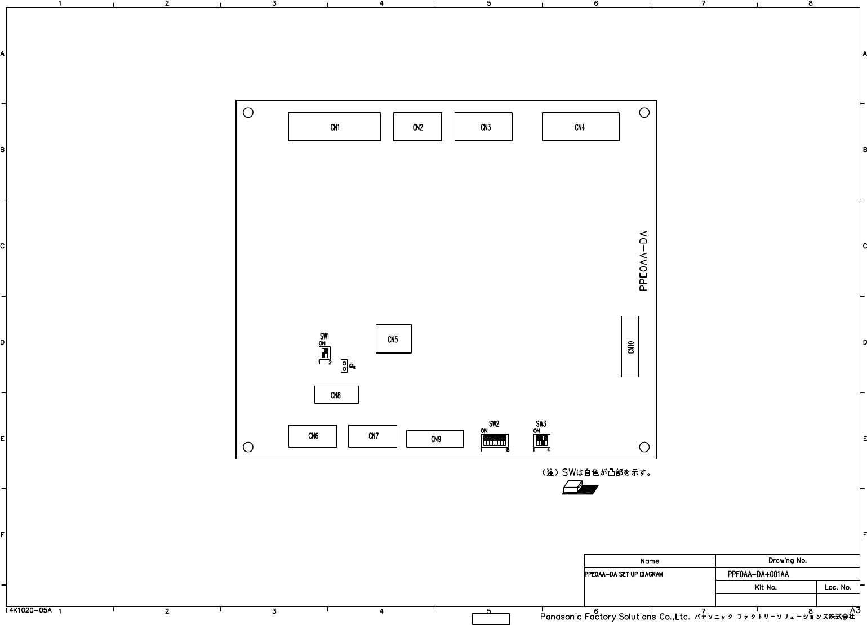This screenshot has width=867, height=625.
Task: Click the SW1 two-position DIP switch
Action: point(324,352)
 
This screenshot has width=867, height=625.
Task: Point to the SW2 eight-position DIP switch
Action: point(494,440)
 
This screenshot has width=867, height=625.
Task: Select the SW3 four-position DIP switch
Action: point(541,440)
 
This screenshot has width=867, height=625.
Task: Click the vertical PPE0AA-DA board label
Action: point(643,261)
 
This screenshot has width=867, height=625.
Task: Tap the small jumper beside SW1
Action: point(344,365)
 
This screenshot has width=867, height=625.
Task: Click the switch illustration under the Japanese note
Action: point(580,487)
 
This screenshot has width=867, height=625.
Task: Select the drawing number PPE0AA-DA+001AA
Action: point(758,574)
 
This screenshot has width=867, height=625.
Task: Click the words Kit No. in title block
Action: point(766,587)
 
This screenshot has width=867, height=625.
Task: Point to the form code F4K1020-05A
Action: point(28,610)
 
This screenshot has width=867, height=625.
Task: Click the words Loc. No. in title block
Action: point(838,587)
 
